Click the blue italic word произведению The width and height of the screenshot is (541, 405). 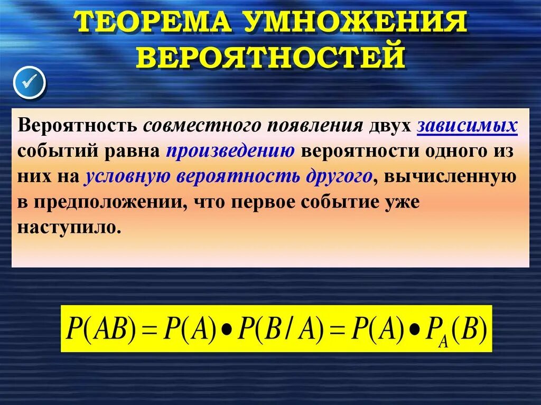(230, 150)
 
